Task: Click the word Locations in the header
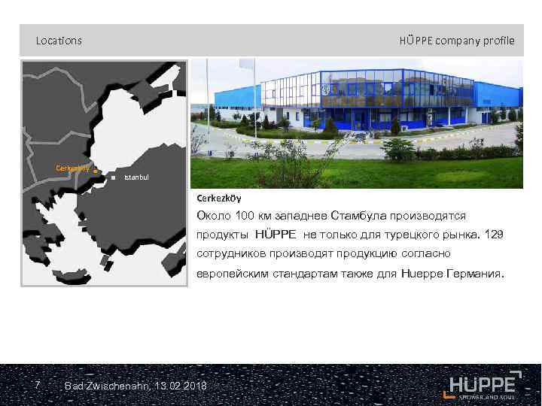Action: click(x=59, y=41)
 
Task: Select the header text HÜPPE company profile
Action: click(x=457, y=41)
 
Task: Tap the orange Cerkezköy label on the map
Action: click(x=73, y=168)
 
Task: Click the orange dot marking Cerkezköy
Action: click(x=96, y=172)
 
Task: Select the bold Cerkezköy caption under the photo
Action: click(x=218, y=198)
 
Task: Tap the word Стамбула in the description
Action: click(x=359, y=216)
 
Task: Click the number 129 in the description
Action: click(x=494, y=235)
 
